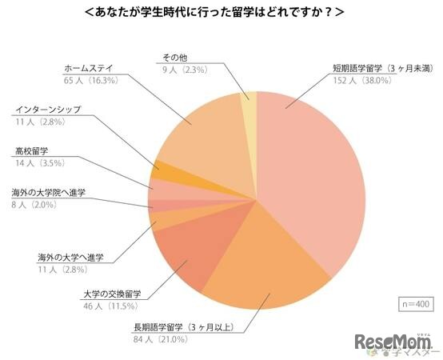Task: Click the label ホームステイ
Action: [x=86, y=68]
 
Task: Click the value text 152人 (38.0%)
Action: [x=367, y=81]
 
